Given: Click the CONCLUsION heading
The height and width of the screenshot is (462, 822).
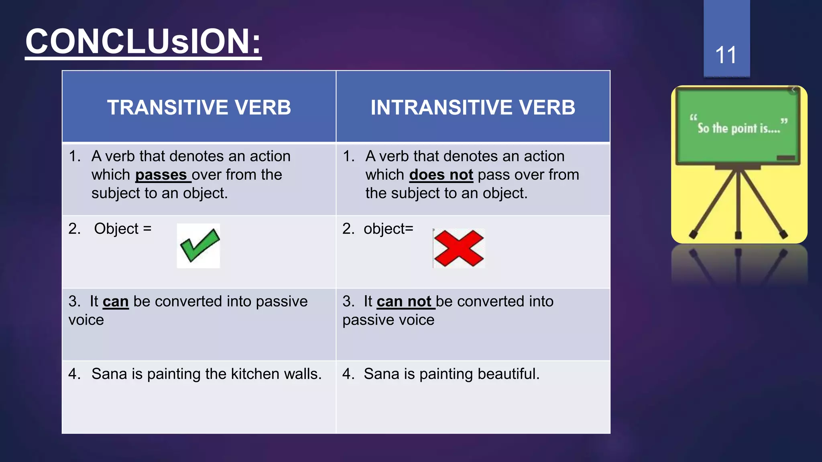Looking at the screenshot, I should [143, 42].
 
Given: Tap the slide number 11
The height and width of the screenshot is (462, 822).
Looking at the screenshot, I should [726, 55].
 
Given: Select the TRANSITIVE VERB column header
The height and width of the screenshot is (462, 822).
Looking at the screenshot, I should [199, 107].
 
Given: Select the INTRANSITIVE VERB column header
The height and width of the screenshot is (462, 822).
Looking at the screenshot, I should [473, 107].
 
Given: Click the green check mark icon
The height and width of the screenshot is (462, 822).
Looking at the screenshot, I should [199, 245].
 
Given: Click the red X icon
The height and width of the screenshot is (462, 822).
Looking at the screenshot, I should [459, 248].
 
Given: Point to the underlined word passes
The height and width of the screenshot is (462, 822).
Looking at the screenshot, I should [161, 175].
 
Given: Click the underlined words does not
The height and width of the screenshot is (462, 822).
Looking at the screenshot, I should [441, 175].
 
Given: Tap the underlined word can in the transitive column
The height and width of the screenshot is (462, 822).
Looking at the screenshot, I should [116, 301].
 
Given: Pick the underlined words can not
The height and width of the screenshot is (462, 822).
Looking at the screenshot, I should [404, 301].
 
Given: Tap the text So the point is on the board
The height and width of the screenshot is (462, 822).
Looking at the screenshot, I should [739, 128].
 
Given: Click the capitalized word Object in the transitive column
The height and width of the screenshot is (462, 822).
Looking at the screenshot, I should [116, 229].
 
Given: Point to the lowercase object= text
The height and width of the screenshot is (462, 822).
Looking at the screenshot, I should [388, 229].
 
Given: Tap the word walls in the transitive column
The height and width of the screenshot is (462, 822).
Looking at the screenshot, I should [303, 374].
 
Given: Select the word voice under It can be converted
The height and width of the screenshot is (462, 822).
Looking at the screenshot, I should [86, 320].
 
